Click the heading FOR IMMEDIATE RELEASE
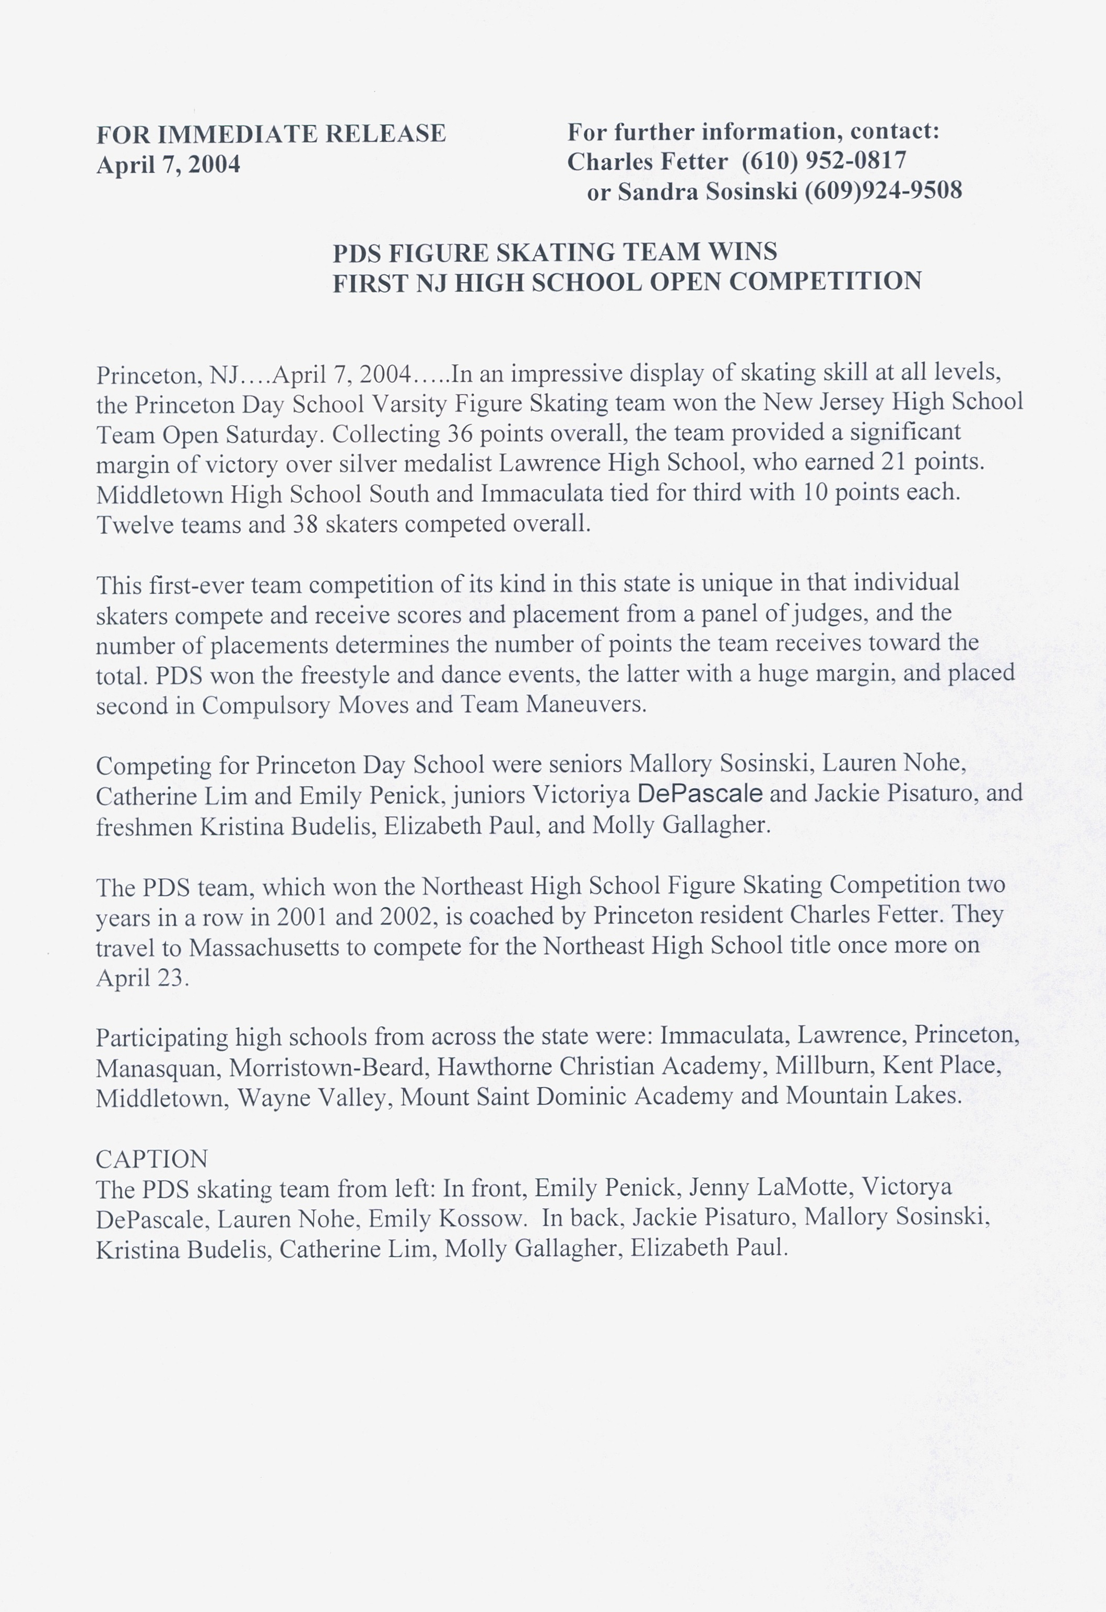(270, 134)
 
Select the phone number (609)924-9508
(883, 191)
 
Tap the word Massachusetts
(264, 948)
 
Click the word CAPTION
(152, 1159)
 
